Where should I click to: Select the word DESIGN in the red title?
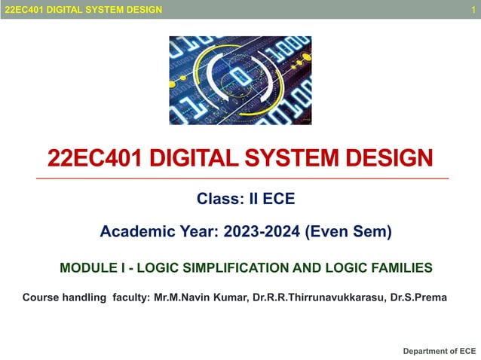(386, 158)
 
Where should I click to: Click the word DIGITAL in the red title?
(176, 158)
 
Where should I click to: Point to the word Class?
(216, 200)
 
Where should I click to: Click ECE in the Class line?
(278, 200)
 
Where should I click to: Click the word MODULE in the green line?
(85, 267)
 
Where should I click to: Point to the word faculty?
(130, 297)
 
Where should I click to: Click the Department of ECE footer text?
(440, 351)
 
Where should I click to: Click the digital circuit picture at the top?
(240, 80)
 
